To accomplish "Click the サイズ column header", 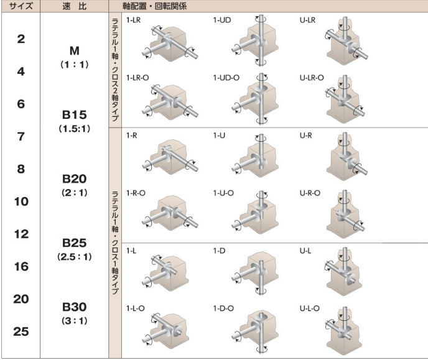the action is pyautogui.click(x=21, y=6).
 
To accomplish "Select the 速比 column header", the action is pyautogui.click(x=74, y=6).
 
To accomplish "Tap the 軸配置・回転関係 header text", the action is pyautogui.click(x=154, y=6).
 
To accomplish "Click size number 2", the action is pyautogui.click(x=21, y=39).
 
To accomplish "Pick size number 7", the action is pyautogui.click(x=21, y=136).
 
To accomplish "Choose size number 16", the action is pyautogui.click(x=21, y=267).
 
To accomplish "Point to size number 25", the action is pyautogui.click(x=21, y=331).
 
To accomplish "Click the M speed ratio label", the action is pyautogui.click(x=75, y=51).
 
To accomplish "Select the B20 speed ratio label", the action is pyautogui.click(x=74, y=179).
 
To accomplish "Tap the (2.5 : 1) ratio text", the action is pyautogui.click(x=74, y=257).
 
